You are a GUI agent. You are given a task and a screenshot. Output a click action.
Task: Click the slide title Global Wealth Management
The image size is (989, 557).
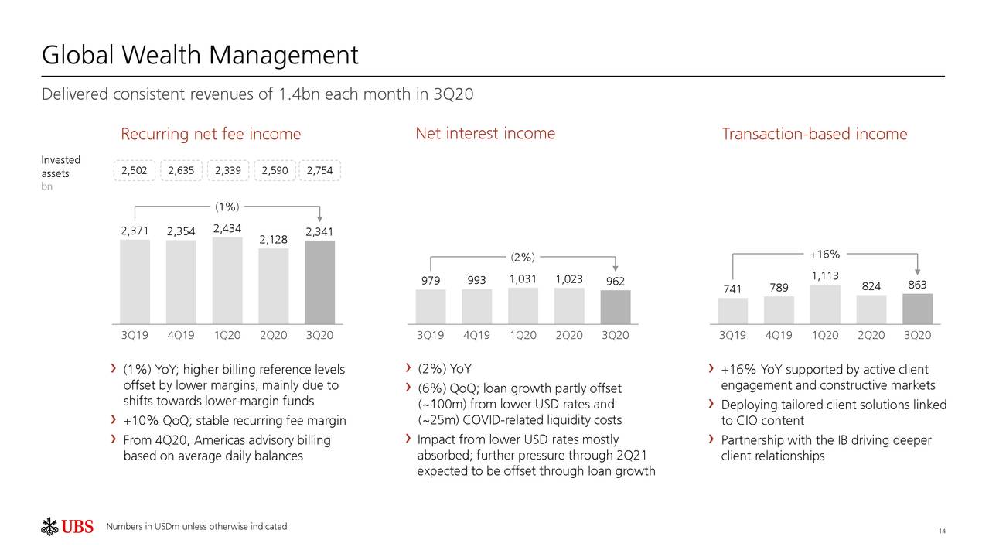click(200, 55)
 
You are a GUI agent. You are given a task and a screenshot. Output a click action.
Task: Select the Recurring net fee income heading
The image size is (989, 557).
click(210, 135)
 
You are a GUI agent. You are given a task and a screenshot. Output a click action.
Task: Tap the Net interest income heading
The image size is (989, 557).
click(485, 134)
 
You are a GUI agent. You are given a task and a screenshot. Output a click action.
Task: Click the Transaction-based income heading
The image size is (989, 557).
click(813, 135)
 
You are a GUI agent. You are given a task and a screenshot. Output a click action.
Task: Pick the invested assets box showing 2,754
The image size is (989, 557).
click(319, 171)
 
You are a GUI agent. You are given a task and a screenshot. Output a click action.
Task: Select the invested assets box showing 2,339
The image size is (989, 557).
click(227, 171)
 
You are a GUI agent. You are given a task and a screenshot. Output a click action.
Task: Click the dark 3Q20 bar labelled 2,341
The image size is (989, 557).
click(319, 282)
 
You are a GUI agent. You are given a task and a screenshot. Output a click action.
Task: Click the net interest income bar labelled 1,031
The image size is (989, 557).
click(523, 306)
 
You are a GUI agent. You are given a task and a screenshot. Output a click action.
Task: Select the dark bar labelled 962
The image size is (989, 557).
click(616, 307)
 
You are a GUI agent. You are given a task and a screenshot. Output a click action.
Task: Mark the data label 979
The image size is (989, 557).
click(431, 281)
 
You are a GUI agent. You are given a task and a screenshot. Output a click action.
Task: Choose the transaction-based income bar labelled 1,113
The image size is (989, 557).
click(825, 304)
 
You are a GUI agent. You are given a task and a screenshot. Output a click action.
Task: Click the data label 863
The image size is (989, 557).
click(917, 285)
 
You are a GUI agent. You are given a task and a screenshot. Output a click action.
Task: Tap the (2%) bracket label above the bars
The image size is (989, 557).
click(523, 257)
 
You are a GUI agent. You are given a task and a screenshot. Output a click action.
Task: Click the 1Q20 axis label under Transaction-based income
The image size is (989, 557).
click(825, 336)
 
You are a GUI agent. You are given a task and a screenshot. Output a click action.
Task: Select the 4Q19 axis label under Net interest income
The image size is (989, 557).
click(476, 336)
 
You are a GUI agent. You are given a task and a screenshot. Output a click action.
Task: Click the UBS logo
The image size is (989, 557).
click(67, 528)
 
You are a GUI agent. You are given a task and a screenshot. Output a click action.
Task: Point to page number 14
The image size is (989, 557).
click(942, 531)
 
